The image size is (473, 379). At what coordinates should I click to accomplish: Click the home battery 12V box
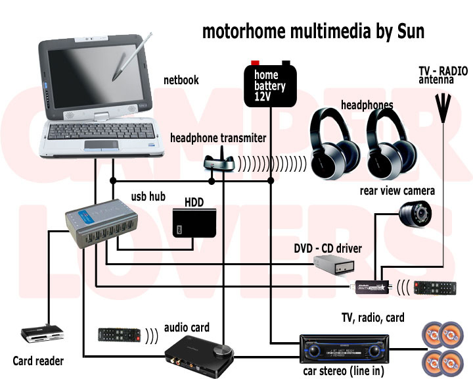(270, 85)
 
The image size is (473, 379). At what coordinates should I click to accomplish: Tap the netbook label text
(181, 81)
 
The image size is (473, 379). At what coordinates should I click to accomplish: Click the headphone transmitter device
(217, 162)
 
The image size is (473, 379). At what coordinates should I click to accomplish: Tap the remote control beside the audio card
(119, 335)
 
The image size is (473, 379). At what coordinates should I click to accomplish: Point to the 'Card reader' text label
(38, 361)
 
